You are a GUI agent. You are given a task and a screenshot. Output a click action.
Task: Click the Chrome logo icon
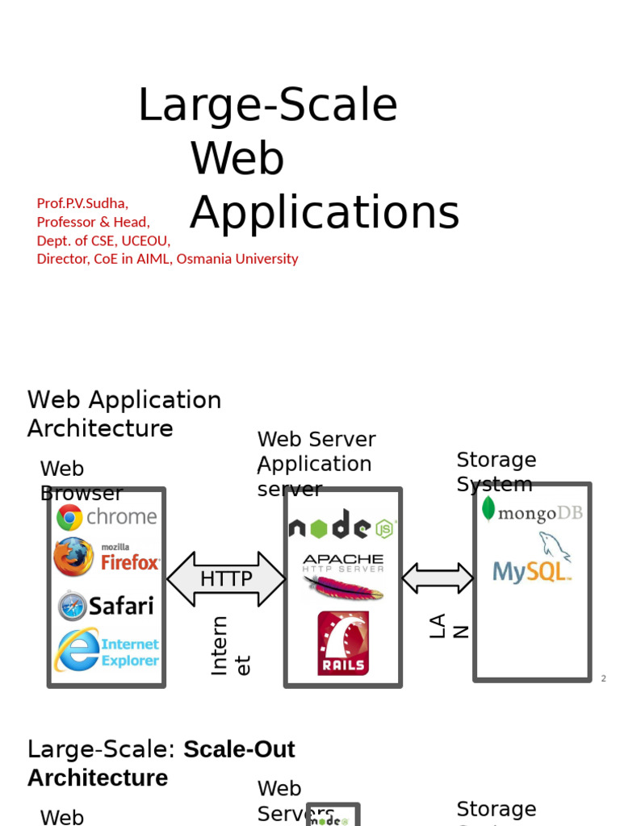(x=69, y=517)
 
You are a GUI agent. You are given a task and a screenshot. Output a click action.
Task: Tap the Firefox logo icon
(x=73, y=557)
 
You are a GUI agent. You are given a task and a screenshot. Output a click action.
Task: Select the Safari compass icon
(x=73, y=606)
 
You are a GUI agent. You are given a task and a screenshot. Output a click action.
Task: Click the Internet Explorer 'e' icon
(x=77, y=650)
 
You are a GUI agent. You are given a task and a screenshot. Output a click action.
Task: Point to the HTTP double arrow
(x=226, y=579)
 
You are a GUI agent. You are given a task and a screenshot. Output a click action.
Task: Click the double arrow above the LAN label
(x=438, y=578)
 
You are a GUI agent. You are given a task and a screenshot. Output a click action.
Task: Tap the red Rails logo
(x=343, y=643)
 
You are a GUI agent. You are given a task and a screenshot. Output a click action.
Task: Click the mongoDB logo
(x=532, y=511)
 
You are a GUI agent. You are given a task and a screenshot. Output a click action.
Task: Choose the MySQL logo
(x=534, y=560)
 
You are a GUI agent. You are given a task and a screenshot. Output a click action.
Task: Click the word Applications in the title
(x=325, y=213)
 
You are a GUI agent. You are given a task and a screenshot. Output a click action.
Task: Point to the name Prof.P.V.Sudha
(x=82, y=203)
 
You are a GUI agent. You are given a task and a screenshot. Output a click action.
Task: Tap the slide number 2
(x=603, y=678)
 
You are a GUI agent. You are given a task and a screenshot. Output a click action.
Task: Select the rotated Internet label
(x=230, y=645)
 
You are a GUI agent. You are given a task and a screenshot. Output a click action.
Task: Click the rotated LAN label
(x=448, y=626)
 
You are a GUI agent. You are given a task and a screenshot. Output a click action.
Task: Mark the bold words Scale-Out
(x=239, y=749)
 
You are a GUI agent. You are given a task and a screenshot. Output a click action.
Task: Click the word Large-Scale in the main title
(x=267, y=105)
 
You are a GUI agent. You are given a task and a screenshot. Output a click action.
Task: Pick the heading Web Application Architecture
(x=124, y=414)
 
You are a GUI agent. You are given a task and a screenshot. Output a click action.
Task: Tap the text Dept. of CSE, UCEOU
(x=103, y=240)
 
